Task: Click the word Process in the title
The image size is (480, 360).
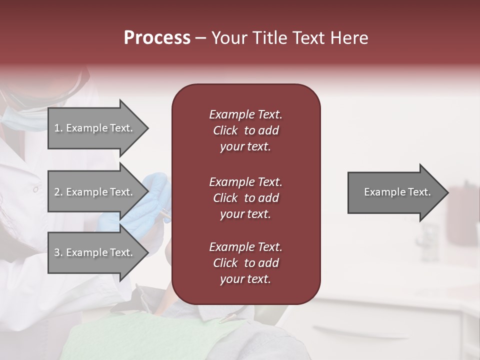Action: [x=157, y=38]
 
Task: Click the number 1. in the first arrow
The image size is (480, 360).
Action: [x=58, y=128]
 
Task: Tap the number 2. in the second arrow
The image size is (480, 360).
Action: [x=58, y=192]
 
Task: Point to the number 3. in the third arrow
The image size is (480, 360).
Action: [x=58, y=252]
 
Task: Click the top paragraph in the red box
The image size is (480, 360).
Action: [x=245, y=130]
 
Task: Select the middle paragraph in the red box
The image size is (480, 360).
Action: [x=245, y=198]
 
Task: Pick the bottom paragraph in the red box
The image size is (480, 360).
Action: [x=245, y=263]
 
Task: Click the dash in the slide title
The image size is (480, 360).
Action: [x=201, y=38]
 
